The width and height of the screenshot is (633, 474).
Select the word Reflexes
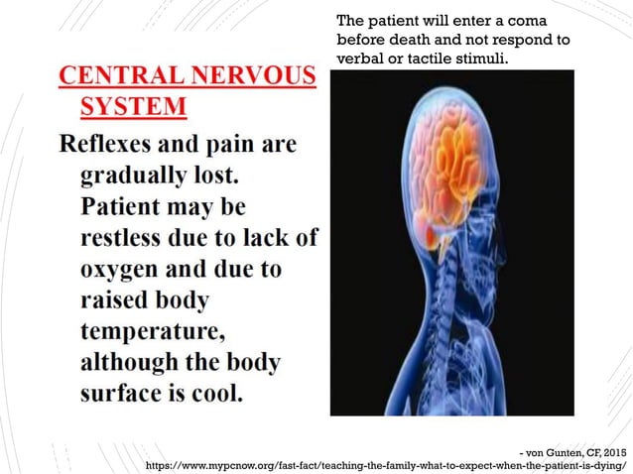click(x=111, y=146)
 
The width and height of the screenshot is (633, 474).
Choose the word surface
click(x=122, y=392)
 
